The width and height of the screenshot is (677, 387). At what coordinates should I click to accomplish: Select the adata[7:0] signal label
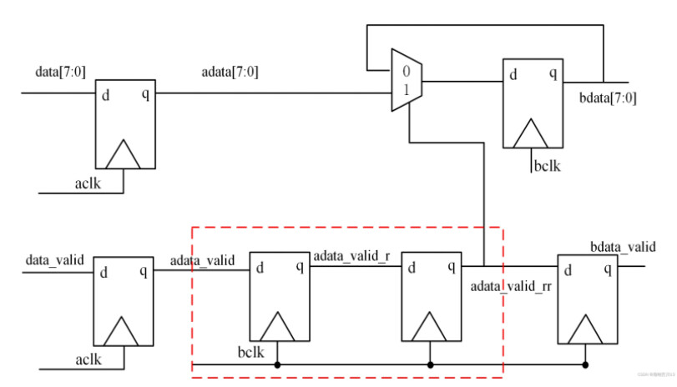point(230,72)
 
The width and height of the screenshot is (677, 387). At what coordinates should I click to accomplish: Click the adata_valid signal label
point(202,261)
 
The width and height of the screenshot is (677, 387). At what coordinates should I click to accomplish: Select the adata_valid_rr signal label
point(511,287)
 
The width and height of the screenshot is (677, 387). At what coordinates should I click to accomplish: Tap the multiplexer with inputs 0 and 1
point(407,81)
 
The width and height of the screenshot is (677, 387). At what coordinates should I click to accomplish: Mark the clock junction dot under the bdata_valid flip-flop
point(585,364)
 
